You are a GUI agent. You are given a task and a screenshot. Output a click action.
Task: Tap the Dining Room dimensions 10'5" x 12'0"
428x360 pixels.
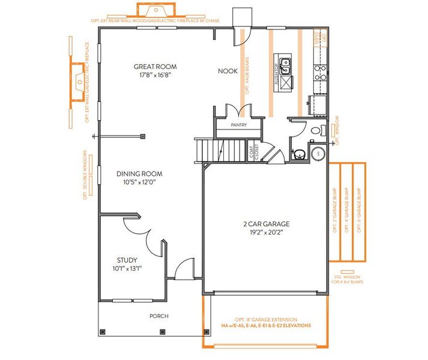click(x=139, y=182)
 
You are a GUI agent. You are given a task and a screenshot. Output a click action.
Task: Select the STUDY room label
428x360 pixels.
click(x=127, y=260)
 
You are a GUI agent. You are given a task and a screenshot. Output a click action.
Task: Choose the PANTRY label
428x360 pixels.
click(x=239, y=125)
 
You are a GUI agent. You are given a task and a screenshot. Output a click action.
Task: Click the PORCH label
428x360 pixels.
click(x=158, y=316)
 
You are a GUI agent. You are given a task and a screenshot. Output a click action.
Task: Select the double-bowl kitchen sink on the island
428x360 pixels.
click(x=285, y=66)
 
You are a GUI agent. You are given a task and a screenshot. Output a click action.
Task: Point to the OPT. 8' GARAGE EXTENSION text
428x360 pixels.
click(x=266, y=322)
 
